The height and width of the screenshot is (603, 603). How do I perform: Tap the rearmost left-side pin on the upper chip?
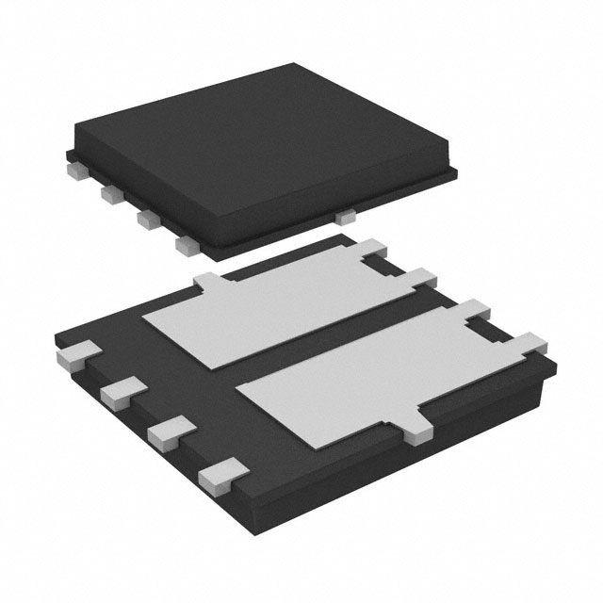tap(75, 171)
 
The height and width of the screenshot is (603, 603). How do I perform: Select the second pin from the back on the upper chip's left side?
tap(110, 194)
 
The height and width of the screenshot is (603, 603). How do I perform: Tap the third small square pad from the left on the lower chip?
tap(165, 431)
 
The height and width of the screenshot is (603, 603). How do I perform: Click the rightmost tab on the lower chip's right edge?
tap(530, 341)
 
